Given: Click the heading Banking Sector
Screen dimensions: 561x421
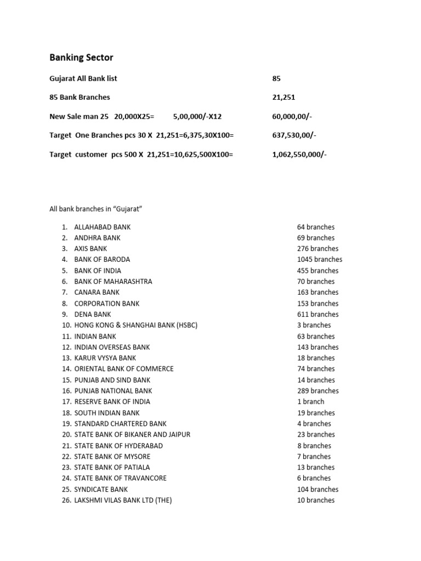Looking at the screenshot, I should [x=81, y=58].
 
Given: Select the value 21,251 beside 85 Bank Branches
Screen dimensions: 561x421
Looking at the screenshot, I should [x=283, y=97].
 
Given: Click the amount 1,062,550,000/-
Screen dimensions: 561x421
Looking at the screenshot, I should [x=299, y=154].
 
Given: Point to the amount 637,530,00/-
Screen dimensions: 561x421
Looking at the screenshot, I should [x=294, y=135].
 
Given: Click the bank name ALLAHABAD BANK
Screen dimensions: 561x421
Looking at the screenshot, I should [x=103, y=227].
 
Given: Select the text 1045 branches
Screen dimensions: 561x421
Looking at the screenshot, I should [x=320, y=260].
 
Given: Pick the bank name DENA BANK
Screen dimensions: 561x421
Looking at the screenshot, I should [x=93, y=314].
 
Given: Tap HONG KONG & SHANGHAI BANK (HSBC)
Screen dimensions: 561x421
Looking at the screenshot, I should [x=135, y=325].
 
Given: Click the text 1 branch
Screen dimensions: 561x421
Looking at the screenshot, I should [x=311, y=402].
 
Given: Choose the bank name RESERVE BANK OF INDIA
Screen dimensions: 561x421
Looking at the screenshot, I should [x=112, y=402].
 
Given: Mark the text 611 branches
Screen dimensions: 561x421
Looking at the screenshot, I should [x=318, y=314].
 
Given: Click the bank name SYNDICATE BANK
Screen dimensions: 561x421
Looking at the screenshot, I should [x=101, y=489].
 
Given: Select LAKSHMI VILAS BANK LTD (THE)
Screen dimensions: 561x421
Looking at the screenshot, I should [x=123, y=500].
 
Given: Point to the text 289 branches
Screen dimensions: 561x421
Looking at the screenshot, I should [x=318, y=391].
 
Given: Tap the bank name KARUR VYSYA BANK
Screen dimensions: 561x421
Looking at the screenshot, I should [x=105, y=358].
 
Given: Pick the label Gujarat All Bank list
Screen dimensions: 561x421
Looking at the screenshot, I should [x=83, y=78].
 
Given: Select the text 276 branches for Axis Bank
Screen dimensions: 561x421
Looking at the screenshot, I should [x=318, y=249].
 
